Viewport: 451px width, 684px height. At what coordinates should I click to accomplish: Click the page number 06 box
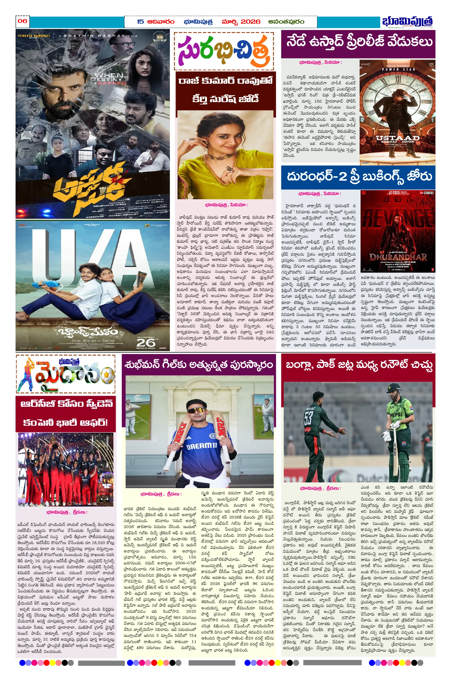coord(22,21)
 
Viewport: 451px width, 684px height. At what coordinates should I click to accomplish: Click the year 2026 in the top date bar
coord(250,22)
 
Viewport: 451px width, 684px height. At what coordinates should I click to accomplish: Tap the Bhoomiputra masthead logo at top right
coord(407,22)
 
